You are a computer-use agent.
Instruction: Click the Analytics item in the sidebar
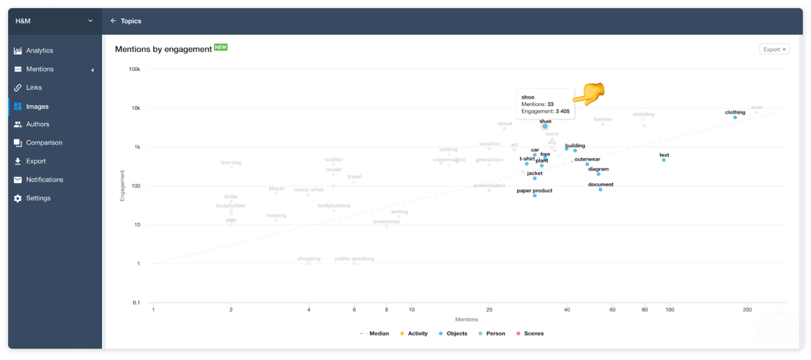point(39,51)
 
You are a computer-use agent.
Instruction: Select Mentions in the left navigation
point(39,69)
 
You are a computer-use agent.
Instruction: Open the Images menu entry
point(37,106)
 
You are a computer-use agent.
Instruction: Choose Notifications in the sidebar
point(44,180)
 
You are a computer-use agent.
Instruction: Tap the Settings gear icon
point(18,198)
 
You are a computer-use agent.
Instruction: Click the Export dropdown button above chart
point(774,49)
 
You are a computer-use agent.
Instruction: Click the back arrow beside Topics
point(113,21)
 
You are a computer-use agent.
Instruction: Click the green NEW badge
point(220,48)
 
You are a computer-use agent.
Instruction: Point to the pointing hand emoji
point(589,94)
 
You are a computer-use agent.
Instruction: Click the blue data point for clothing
point(735,117)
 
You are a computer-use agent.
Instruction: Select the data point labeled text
point(664,160)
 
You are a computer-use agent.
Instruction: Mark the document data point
point(601,190)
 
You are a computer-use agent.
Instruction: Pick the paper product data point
point(535,196)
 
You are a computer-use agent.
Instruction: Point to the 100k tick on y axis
point(134,69)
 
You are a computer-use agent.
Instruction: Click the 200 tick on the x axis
point(748,310)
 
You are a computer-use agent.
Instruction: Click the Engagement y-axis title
point(122,186)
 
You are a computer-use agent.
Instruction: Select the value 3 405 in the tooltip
point(563,112)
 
